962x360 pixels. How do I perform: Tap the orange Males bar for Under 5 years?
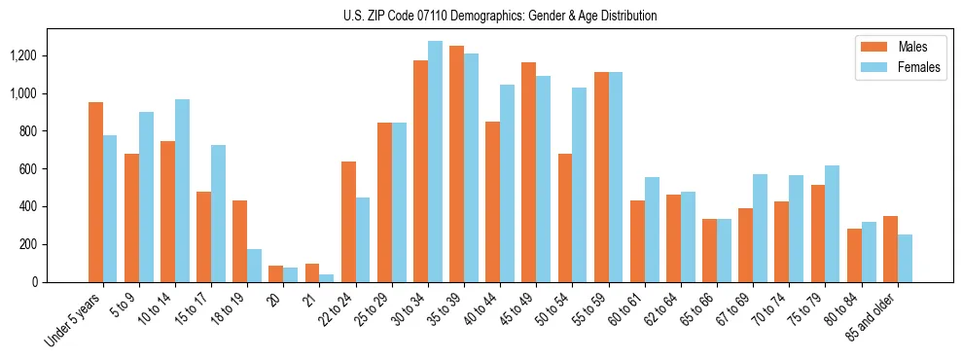tap(95, 192)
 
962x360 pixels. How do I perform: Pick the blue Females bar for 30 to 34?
tap(435, 162)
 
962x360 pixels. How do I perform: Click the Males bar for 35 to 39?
tap(456, 163)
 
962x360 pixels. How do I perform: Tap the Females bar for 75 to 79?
tap(832, 224)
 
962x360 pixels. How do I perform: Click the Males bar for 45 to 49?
tap(528, 172)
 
